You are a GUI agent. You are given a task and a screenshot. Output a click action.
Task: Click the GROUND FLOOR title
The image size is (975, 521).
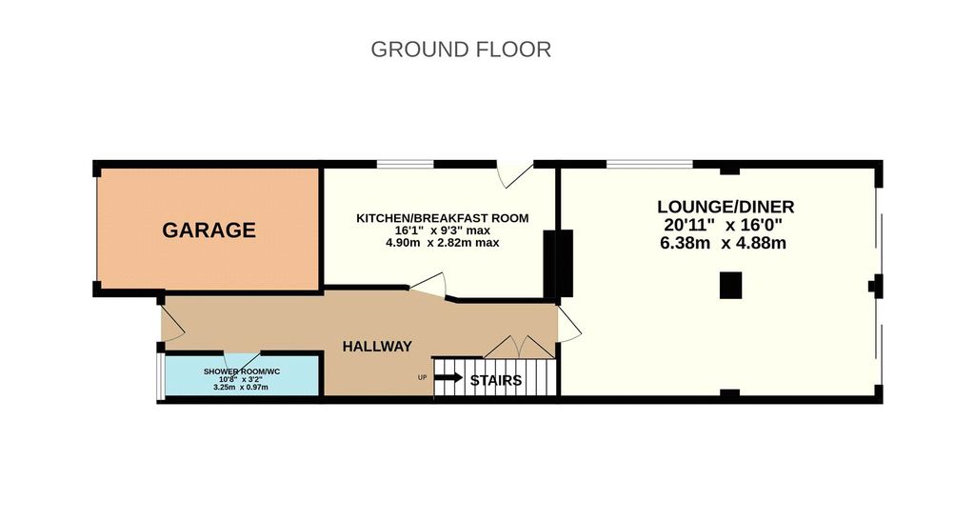click(461, 50)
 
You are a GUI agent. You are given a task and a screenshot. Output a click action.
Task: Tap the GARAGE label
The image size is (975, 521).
click(209, 230)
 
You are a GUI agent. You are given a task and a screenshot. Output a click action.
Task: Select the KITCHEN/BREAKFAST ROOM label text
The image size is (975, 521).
click(442, 218)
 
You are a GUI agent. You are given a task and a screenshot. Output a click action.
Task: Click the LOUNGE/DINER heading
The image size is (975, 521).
click(726, 207)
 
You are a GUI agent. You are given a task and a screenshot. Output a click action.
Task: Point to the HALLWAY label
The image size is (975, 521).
click(377, 347)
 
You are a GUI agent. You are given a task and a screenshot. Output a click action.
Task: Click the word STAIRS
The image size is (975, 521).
click(495, 380)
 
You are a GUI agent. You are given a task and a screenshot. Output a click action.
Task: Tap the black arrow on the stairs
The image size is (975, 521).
click(448, 377)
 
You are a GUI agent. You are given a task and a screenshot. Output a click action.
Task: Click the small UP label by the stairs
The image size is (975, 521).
click(422, 377)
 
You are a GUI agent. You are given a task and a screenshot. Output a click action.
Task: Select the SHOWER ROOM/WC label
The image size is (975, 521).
click(242, 371)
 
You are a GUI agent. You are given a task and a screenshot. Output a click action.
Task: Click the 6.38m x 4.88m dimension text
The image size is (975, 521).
click(723, 243)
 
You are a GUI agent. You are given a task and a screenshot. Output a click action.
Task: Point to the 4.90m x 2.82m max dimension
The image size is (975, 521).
click(442, 243)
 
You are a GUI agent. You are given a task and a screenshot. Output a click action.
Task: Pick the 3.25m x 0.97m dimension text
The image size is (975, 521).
click(241, 388)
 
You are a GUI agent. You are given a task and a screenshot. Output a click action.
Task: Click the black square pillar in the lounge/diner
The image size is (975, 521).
click(731, 286)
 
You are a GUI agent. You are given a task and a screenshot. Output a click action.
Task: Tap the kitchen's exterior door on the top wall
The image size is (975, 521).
click(515, 173)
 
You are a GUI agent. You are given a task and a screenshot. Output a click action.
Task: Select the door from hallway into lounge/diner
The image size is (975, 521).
click(567, 324)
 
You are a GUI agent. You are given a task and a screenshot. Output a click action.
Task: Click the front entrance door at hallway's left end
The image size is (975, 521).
click(171, 323)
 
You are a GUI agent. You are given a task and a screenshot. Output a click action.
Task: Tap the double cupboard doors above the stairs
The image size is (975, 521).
click(519, 347)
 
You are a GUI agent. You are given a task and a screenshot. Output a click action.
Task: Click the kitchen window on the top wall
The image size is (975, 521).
click(406, 164)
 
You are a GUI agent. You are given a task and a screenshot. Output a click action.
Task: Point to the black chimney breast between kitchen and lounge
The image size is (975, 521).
click(558, 263)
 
